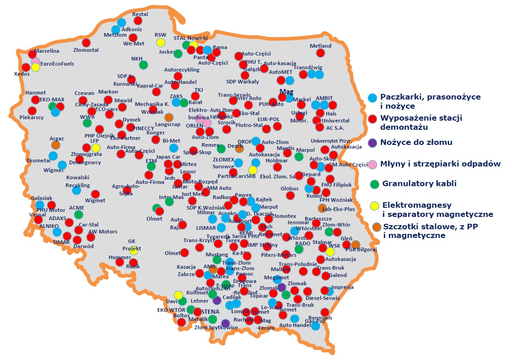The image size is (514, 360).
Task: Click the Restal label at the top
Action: click(x=140, y=14)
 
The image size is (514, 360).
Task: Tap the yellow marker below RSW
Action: click(x=160, y=43)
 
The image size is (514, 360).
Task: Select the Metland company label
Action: click(x=321, y=46)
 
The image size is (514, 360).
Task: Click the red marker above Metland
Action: click(x=321, y=53)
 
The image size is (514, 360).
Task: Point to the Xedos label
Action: click(x=22, y=74)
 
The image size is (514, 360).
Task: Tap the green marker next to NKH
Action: click(x=144, y=65)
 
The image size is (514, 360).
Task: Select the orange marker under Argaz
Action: click(x=55, y=145)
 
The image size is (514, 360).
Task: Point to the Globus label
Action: click(x=289, y=188)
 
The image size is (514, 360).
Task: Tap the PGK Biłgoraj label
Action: click(x=361, y=250)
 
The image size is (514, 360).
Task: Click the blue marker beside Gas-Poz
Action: click(x=315, y=327)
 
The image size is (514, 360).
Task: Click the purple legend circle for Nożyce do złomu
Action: click(x=372, y=143)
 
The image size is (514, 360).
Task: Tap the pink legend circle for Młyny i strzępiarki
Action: click(x=372, y=164)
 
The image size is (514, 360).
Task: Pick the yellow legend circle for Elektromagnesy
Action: click(x=375, y=205)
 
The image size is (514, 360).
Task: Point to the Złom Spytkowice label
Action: click(x=216, y=327)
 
